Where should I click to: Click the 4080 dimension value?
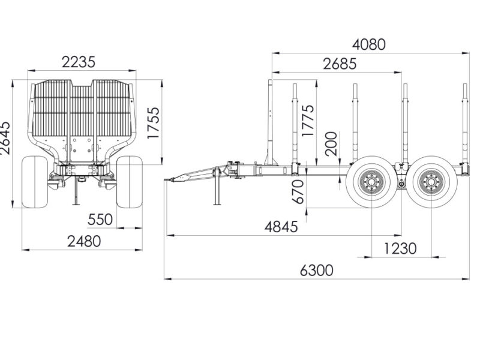[369, 44]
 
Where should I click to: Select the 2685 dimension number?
[340, 64]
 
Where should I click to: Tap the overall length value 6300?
[317, 271]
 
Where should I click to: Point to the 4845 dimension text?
[281, 227]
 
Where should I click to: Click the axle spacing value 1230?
[400, 248]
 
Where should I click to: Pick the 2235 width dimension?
[79, 62]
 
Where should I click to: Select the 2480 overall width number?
[84, 241]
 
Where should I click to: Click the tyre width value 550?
[100, 220]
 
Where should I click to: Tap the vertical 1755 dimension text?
[153, 123]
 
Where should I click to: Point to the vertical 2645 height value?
[5, 138]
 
